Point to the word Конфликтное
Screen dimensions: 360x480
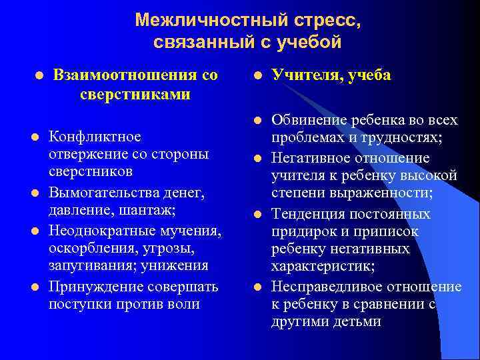tap(95, 137)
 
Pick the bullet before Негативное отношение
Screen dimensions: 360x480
tap(257, 158)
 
